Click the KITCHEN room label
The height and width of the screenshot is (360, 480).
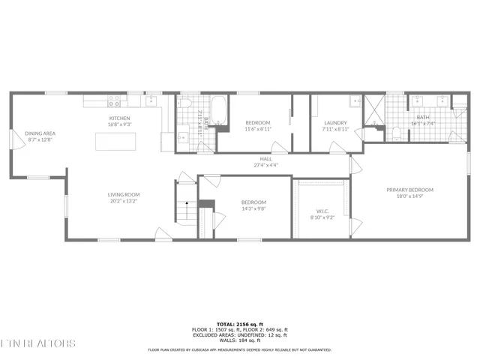(119, 118)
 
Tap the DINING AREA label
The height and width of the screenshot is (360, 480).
(40, 133)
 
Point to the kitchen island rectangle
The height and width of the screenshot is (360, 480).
(115, 140)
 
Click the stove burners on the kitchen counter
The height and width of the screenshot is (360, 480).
(115, 99)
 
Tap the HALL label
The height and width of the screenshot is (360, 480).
(265, 159)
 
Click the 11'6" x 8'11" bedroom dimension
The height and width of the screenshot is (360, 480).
(258, 129)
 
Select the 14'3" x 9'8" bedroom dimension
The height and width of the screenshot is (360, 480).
(253, 208)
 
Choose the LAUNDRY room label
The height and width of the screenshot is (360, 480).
(334, 123)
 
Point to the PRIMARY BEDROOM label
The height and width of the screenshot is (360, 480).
(409, 190)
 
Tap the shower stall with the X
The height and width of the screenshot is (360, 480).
(373, 109)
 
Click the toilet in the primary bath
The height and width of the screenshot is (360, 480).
(395, 133)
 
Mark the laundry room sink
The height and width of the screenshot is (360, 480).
(353, 101)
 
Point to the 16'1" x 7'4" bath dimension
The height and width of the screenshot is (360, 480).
(424, 123)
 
